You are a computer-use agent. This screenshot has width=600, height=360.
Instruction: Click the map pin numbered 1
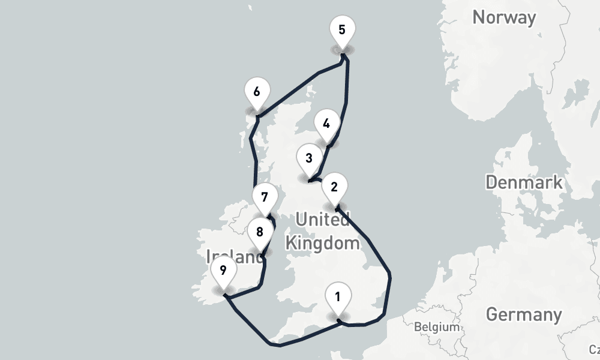click(338, 298)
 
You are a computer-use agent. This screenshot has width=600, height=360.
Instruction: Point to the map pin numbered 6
click(257, 94)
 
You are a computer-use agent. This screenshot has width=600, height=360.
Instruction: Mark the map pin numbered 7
click(265, 198)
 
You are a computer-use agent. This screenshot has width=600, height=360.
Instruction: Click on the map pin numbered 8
click(259, 233)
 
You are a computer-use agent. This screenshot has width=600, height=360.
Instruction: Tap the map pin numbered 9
click(223, 272)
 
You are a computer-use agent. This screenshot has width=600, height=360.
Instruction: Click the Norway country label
click(503, 17)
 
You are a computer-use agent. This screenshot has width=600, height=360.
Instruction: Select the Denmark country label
click(524, 182)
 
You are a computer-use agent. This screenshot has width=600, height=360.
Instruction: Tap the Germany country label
click(523, 314)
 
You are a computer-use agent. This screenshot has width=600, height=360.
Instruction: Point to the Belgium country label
click(436, 328)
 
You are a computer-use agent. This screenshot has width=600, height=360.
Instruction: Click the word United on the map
click(322, 220)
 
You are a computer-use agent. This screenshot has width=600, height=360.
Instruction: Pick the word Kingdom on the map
click(322, 243)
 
